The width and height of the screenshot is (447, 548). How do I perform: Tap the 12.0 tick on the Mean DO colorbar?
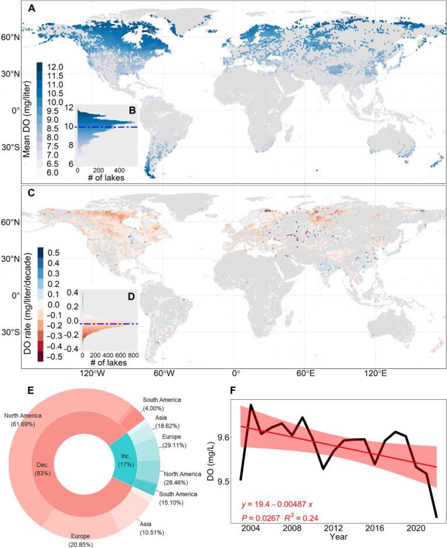[x=56, y=66]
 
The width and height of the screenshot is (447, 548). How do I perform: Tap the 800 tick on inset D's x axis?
[x=133, y=355]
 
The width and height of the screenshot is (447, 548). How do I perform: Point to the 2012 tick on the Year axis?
[x=333, y=529]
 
